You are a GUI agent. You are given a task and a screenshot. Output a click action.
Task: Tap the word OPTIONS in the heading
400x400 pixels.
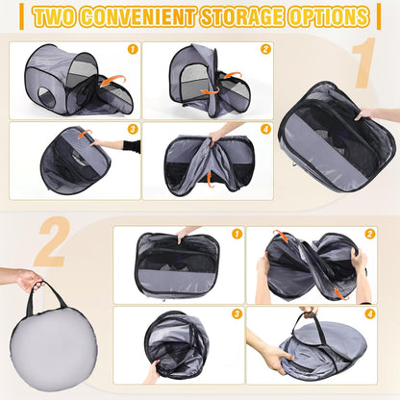pyautogui.click(x=331, y=17)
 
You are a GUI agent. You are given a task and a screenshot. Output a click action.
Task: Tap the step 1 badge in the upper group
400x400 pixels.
pyautogui.click(x=132, y=48)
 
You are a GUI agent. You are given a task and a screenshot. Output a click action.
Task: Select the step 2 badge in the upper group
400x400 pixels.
pyautogui.click(x=265, y=48)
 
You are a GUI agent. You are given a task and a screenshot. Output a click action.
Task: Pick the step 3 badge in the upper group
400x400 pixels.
pyautogui.click(x=132, y=128)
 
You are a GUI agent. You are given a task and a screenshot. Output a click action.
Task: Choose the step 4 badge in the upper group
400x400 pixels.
pyautogui.click(x=265, y=128)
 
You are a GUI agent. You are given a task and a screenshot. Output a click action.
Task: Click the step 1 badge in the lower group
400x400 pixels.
pyautogui.click(x=237, y=234)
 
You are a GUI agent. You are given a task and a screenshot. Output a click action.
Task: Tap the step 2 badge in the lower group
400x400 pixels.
pyautogui.click(x=370, y=234)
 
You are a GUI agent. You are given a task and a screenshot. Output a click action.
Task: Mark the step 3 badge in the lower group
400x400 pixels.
pyautogui.click(x=237, y=313)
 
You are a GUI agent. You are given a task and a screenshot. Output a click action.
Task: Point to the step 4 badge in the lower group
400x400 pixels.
pyautogui.click(x=370, y=313)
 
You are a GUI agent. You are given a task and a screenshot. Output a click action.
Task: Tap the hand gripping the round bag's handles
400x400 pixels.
pyautogui.click(x=29, y=280)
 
